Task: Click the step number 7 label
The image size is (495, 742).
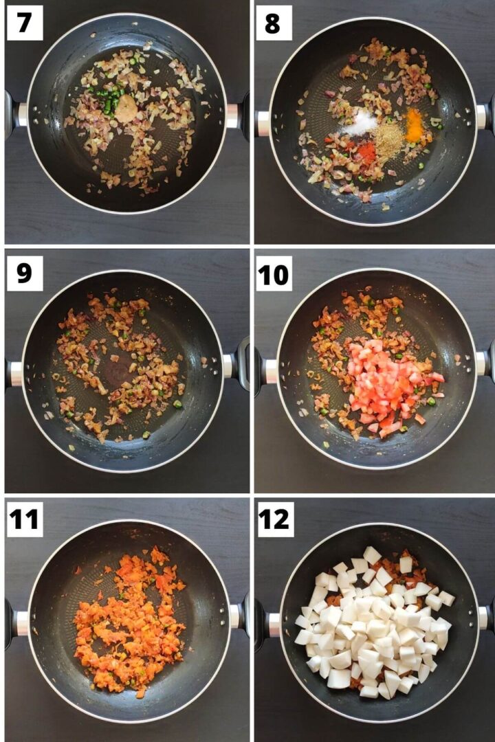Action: tap(24, 23)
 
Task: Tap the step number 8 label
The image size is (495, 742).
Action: tap(273, 23)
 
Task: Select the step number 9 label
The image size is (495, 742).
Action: tap(24, 273)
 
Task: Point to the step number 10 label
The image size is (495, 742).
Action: tap(274, 273)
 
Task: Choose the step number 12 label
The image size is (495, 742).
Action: tap(274, 519)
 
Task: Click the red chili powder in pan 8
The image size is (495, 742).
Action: tap(366, 153)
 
